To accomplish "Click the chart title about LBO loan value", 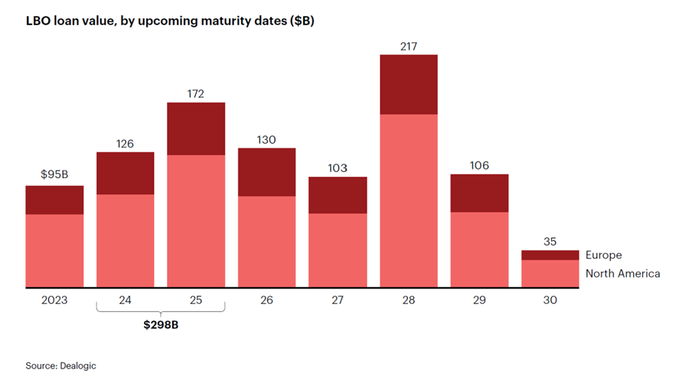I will pyautogui.click(x=170, y=21).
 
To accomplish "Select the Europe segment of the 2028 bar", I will pyautogui.click(x=408, y=84).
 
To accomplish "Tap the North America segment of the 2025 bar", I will pyautogui.click(x=196, y=221).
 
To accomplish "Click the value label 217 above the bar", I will pyautogui.click(x=408, y=47).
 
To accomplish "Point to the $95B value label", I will pyautogui.click(x=54, y=174).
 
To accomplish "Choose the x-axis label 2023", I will pyautogui.click(x=54, y=300).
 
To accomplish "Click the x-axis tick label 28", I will pyautogui.click(x=408, y=300).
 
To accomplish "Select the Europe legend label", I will pyautogui.click(x=603, y=255).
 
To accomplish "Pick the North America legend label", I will pyautogui.click(x=622, y=273).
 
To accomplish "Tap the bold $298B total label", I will pyautogui.click(x=161, y=325).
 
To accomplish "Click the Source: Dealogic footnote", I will pyautogui.click(x=61, y=366).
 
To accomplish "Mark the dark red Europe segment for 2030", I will pyautogui.click(x=550, y=255).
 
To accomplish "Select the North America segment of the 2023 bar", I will pyautogui.click(x=54, y=250).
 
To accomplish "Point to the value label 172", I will pyautogui.click(x=196, y=94).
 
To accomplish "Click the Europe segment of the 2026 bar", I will pyautogui.click(x=266, y=172).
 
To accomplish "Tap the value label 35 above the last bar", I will pyautogui.click(x=550, y=242).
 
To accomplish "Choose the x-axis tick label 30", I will pyautogui.click(x=550, y=300).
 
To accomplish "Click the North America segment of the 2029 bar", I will pyautogui.click(x=479, y=249).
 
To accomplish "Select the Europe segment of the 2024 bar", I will pyautogui.click(x=126, y=173).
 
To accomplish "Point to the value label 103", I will pyautogui.click(x=338, y=168).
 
